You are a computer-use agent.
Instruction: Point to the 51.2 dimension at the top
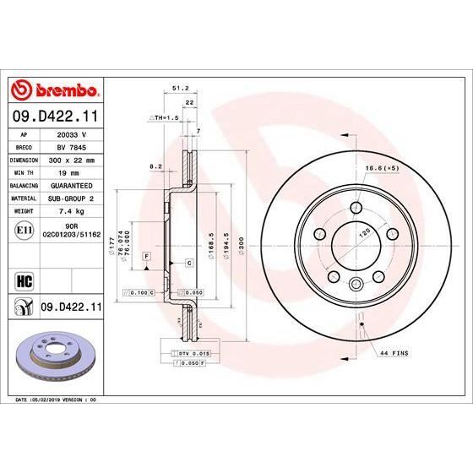point(179,87)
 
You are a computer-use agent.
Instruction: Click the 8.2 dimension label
point(155,167)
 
